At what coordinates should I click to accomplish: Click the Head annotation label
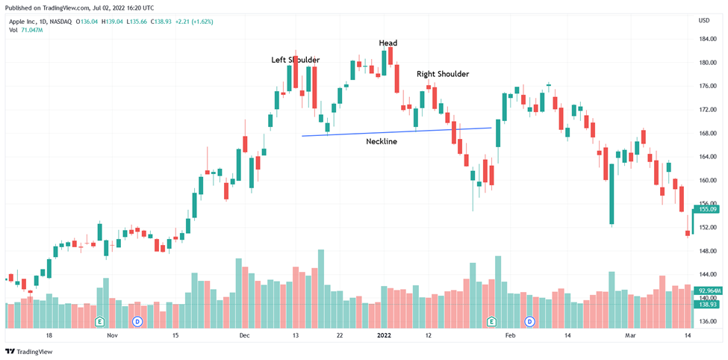(x=388, y=43)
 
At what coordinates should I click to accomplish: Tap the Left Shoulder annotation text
(x=296, y=60)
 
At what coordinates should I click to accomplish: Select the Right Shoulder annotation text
(x=443, y=74)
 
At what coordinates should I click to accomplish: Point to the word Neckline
(x=382, y=141)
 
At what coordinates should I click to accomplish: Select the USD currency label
(x=703, y=20)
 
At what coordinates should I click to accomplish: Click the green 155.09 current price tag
(x=709, y=210)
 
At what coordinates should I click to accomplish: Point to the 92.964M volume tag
(x=709, y=291)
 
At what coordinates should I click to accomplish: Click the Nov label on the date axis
(x=112, y=336)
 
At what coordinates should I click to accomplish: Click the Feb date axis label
(x=510, y=336)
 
